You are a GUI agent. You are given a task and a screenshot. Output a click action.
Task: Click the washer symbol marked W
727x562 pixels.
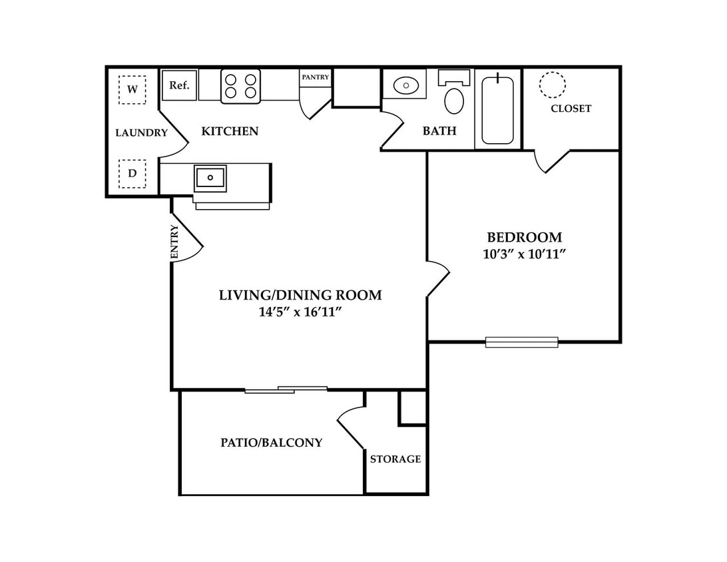tap(132, 89)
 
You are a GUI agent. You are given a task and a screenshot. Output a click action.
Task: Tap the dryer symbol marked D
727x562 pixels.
tap(132, 174)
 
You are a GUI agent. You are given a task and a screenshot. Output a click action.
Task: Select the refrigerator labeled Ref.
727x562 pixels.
tap(180, 85)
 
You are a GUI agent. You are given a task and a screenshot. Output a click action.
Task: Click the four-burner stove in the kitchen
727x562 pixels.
tap(240, 87)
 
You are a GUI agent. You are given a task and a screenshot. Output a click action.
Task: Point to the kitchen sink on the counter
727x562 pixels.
tap(210, 178)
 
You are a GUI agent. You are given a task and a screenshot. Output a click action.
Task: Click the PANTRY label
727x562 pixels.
tap(316, 77)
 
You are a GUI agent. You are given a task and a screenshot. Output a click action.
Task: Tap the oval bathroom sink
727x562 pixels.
tap(406, 85)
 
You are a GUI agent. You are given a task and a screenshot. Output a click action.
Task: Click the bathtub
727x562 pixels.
tap(497, 110)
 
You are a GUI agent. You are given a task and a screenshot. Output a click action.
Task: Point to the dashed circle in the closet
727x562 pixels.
tap(552, 85)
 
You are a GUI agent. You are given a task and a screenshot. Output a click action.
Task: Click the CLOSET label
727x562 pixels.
tap(571, 109)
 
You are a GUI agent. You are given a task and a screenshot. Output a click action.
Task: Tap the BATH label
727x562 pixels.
tap(439, 131)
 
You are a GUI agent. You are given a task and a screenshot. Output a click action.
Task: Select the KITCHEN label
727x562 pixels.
tap(230, 131)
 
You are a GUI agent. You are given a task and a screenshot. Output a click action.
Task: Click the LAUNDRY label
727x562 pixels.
tap(141, 133)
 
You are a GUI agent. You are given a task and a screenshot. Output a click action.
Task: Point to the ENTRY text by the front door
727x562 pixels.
tap(174, 242)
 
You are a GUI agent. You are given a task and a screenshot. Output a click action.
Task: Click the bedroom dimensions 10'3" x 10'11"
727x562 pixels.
tap(525, 254)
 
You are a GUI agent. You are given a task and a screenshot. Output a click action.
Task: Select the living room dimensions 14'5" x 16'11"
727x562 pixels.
tap(300, 312)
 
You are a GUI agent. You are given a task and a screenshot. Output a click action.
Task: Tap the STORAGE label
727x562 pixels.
tap(395, 459)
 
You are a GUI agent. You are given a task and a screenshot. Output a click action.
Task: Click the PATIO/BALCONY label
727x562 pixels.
tap(271, 442)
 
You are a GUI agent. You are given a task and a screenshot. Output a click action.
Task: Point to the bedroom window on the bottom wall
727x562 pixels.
tap(521, 342)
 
